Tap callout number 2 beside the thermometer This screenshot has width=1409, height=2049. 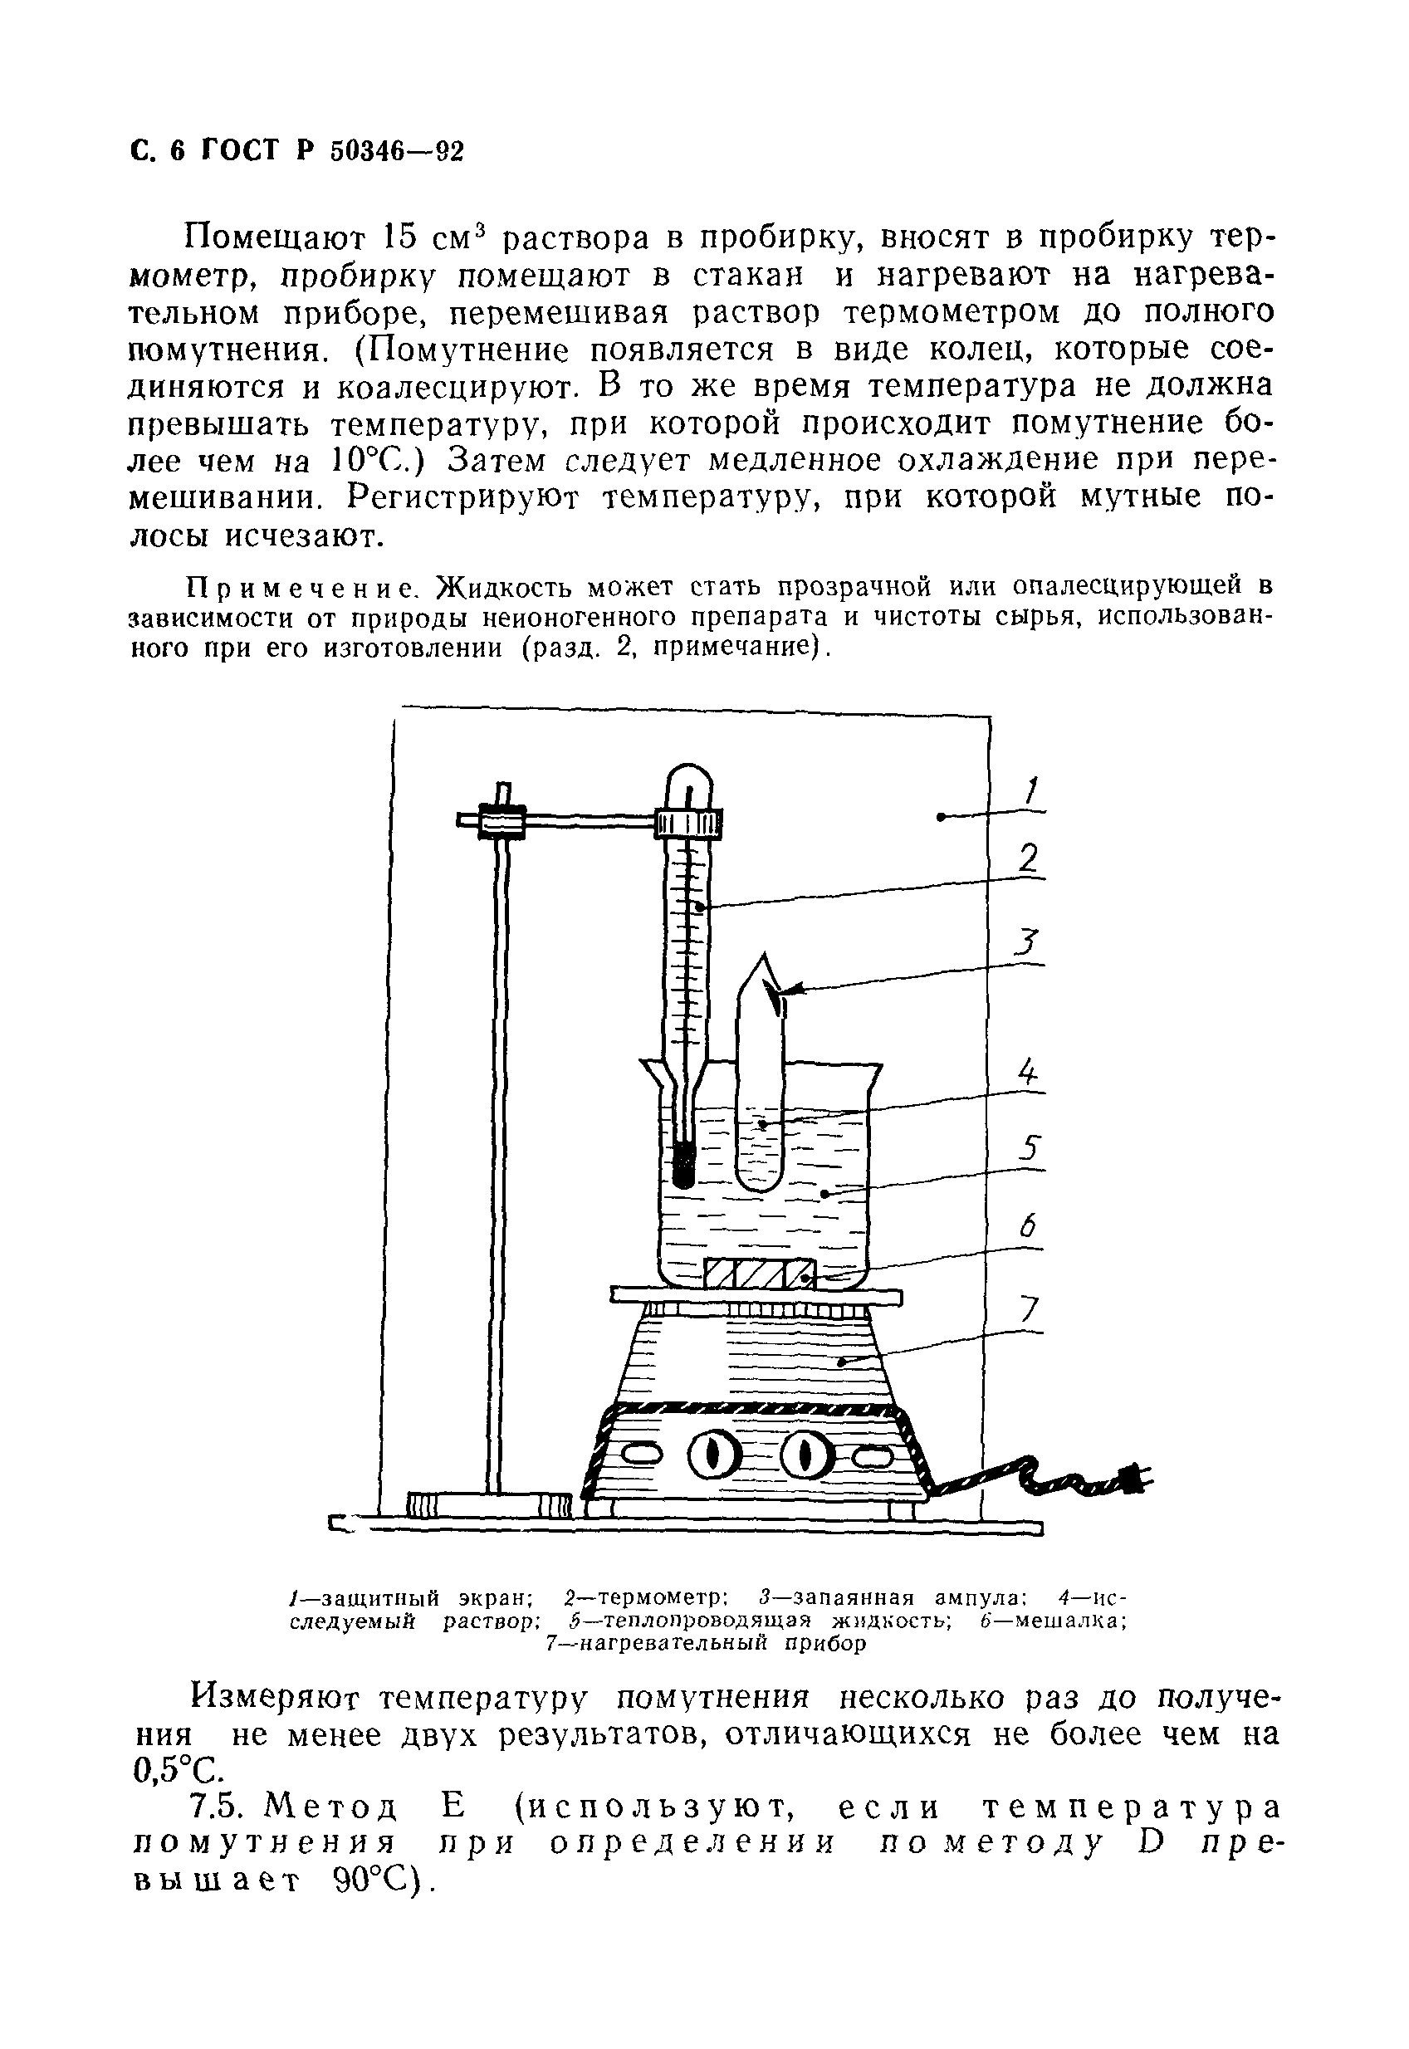(1029, 859)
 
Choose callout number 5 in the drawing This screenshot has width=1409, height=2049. (1030, 1148)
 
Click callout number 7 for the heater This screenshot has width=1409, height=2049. (1030, 1308)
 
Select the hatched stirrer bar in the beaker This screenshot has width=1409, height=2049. (759, 1274)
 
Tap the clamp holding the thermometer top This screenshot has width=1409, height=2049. (689, 824)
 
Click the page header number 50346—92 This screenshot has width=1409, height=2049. (396, 152)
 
